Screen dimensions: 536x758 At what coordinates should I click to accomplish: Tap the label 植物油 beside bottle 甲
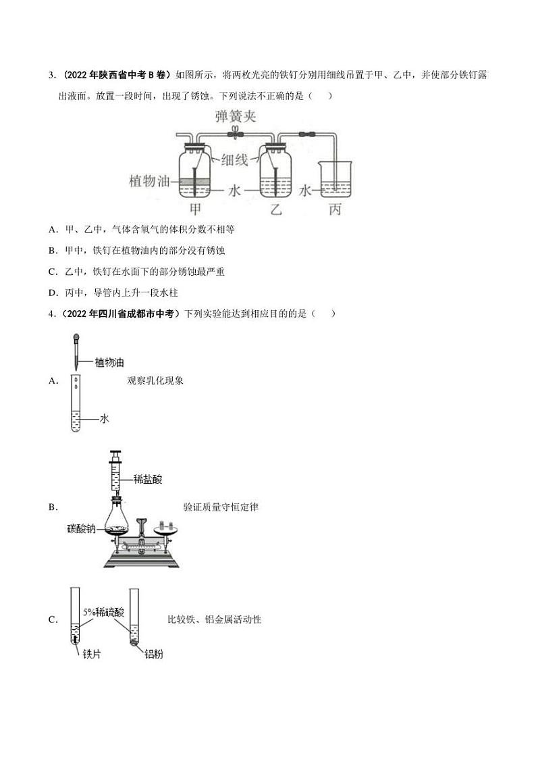[x=151, y=181]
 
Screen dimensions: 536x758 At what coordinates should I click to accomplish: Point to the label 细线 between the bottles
[x=234, y=160]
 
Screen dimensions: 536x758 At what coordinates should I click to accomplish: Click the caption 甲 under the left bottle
[x=196, y=209]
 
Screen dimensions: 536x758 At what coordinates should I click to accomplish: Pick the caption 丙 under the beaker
[x=334, y=209]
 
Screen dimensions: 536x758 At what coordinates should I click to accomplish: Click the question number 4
[x=51, y=313]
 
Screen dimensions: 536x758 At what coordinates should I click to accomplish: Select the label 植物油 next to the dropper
[x=109, y=363]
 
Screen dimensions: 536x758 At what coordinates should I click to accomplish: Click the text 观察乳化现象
[x=155, y=380]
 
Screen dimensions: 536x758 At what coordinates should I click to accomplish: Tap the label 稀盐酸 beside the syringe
[x=146, y=479]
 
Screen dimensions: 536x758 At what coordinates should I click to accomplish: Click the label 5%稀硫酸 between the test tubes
[x=104, y=611]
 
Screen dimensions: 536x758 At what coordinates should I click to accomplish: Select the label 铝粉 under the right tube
[x=153, y=653]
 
